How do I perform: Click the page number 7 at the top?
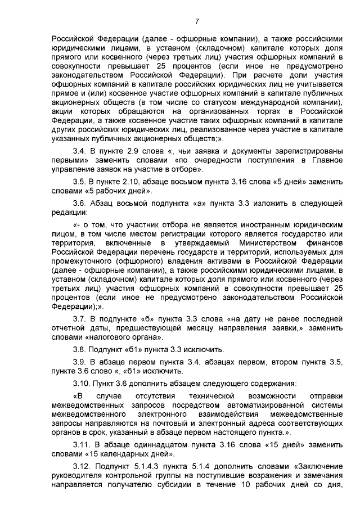point(197,22)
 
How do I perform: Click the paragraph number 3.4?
point(80,151)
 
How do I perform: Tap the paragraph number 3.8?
point(80,349)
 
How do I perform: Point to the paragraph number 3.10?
point(82,384)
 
